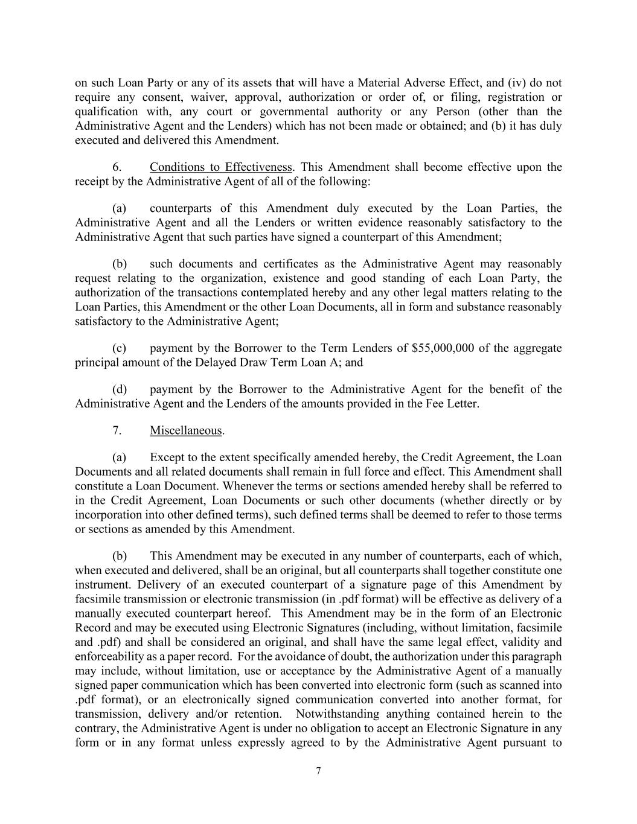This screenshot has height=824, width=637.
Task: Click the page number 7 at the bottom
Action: point(318,771)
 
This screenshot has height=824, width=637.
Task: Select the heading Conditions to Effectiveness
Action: point(221,167)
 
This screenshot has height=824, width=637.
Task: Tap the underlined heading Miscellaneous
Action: point(186,430)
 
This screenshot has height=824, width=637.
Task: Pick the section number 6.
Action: point(118,167)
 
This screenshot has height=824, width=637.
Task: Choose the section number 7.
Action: point(118,430)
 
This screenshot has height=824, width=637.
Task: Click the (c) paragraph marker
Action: point(119,348)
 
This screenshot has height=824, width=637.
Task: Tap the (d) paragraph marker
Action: point(119,389)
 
